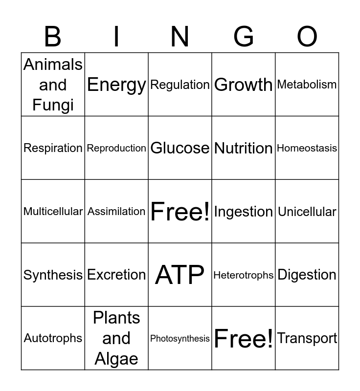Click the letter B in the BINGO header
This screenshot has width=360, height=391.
pyautogui.click(x=53, y=37)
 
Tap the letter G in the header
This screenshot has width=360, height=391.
pyautogui.click(x=244, y=37)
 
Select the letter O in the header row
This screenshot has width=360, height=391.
pyautogui.click(x=307, y=37)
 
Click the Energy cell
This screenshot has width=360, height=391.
pyautogui.click(x=116, y=85)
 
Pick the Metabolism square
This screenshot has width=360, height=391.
pyautogui.click(x=307, y=85)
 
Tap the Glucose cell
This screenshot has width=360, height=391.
pyautogui.click(x=180, y=148)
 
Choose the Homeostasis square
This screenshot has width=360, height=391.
pyautogui.click(x=307, y=148)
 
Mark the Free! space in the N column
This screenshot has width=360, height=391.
pyautogui.click(x=180, y=211)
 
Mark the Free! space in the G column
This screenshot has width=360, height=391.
pyautogui.click(x=244, y=338)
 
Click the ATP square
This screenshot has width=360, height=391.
pyautogui.click(x=180, y=275)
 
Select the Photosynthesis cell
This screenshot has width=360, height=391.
pyautogui.click(x=180, y=338)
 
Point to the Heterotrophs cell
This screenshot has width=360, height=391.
pyautogui.click(x=244, y=275)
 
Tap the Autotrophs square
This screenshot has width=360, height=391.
pyautogui.click(x=53, y=338)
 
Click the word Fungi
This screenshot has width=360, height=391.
pyautogui.click(x=53, y=105)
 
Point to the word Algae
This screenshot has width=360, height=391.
pyautogui.click(x=116, y=359)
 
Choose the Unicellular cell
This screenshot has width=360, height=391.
pyautogui.click(x=307, y=212)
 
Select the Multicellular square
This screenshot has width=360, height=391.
pyautogui.click(x=53, y=212)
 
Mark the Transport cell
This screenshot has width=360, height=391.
pyautogui.click(x=307, y=338)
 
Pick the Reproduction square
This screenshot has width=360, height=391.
pyautogui.click(x=116, y=148)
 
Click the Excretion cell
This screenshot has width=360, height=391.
pyautogui.click(x=116, y=275)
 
